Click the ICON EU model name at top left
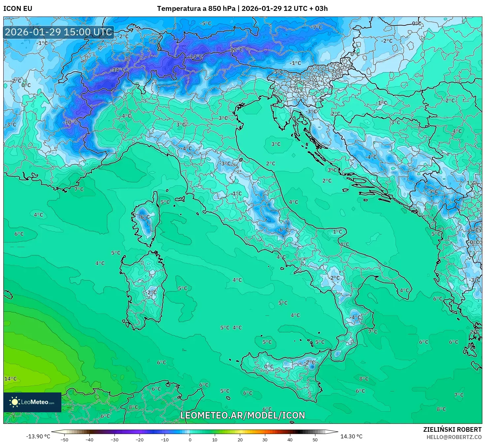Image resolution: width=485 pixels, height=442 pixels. (18, 9)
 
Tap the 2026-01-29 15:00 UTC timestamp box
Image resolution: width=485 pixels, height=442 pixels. (58, 32)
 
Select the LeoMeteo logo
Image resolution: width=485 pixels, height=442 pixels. (32, 402)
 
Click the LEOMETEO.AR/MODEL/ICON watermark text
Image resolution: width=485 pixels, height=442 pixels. (242, 415)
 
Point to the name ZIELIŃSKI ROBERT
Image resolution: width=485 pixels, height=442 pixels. (452, 429)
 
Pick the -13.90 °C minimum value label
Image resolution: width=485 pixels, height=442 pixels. (38, 436)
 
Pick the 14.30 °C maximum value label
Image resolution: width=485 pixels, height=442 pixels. (351, 436)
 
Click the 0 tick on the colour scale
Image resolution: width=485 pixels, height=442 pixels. (190, 439)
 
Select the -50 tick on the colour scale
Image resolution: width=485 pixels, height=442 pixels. (64, 439)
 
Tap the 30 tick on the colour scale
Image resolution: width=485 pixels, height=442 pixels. (265, 439)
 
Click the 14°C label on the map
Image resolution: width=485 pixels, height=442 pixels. (10, 379)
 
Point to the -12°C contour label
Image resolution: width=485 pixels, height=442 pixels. (236, 50)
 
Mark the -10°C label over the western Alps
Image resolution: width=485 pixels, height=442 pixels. (70, 122)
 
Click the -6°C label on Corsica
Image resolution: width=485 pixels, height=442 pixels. (144, 217)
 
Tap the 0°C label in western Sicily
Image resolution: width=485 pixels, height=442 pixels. (269, 366)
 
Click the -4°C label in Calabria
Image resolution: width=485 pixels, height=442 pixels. (355, 317)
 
